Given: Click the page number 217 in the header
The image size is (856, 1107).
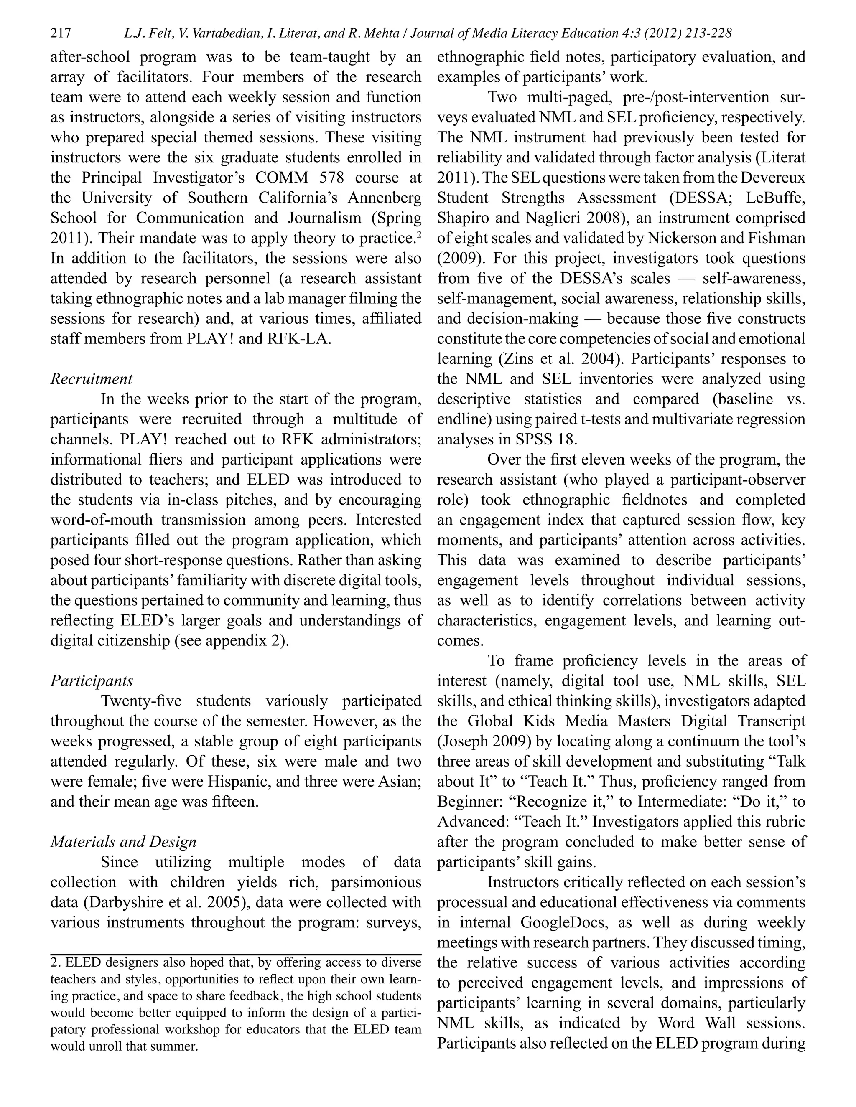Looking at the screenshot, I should [x=60, y=34].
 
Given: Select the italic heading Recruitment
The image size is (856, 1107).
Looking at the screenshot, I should [x=91, y=379].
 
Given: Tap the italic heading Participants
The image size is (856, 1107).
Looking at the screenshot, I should [x=91, y=681].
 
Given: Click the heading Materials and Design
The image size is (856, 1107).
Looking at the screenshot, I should [x=123, y=842].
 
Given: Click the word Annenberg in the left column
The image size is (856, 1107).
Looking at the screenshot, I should [x=385, y=198].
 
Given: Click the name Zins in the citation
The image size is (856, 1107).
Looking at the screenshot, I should [x=515, y=359].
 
